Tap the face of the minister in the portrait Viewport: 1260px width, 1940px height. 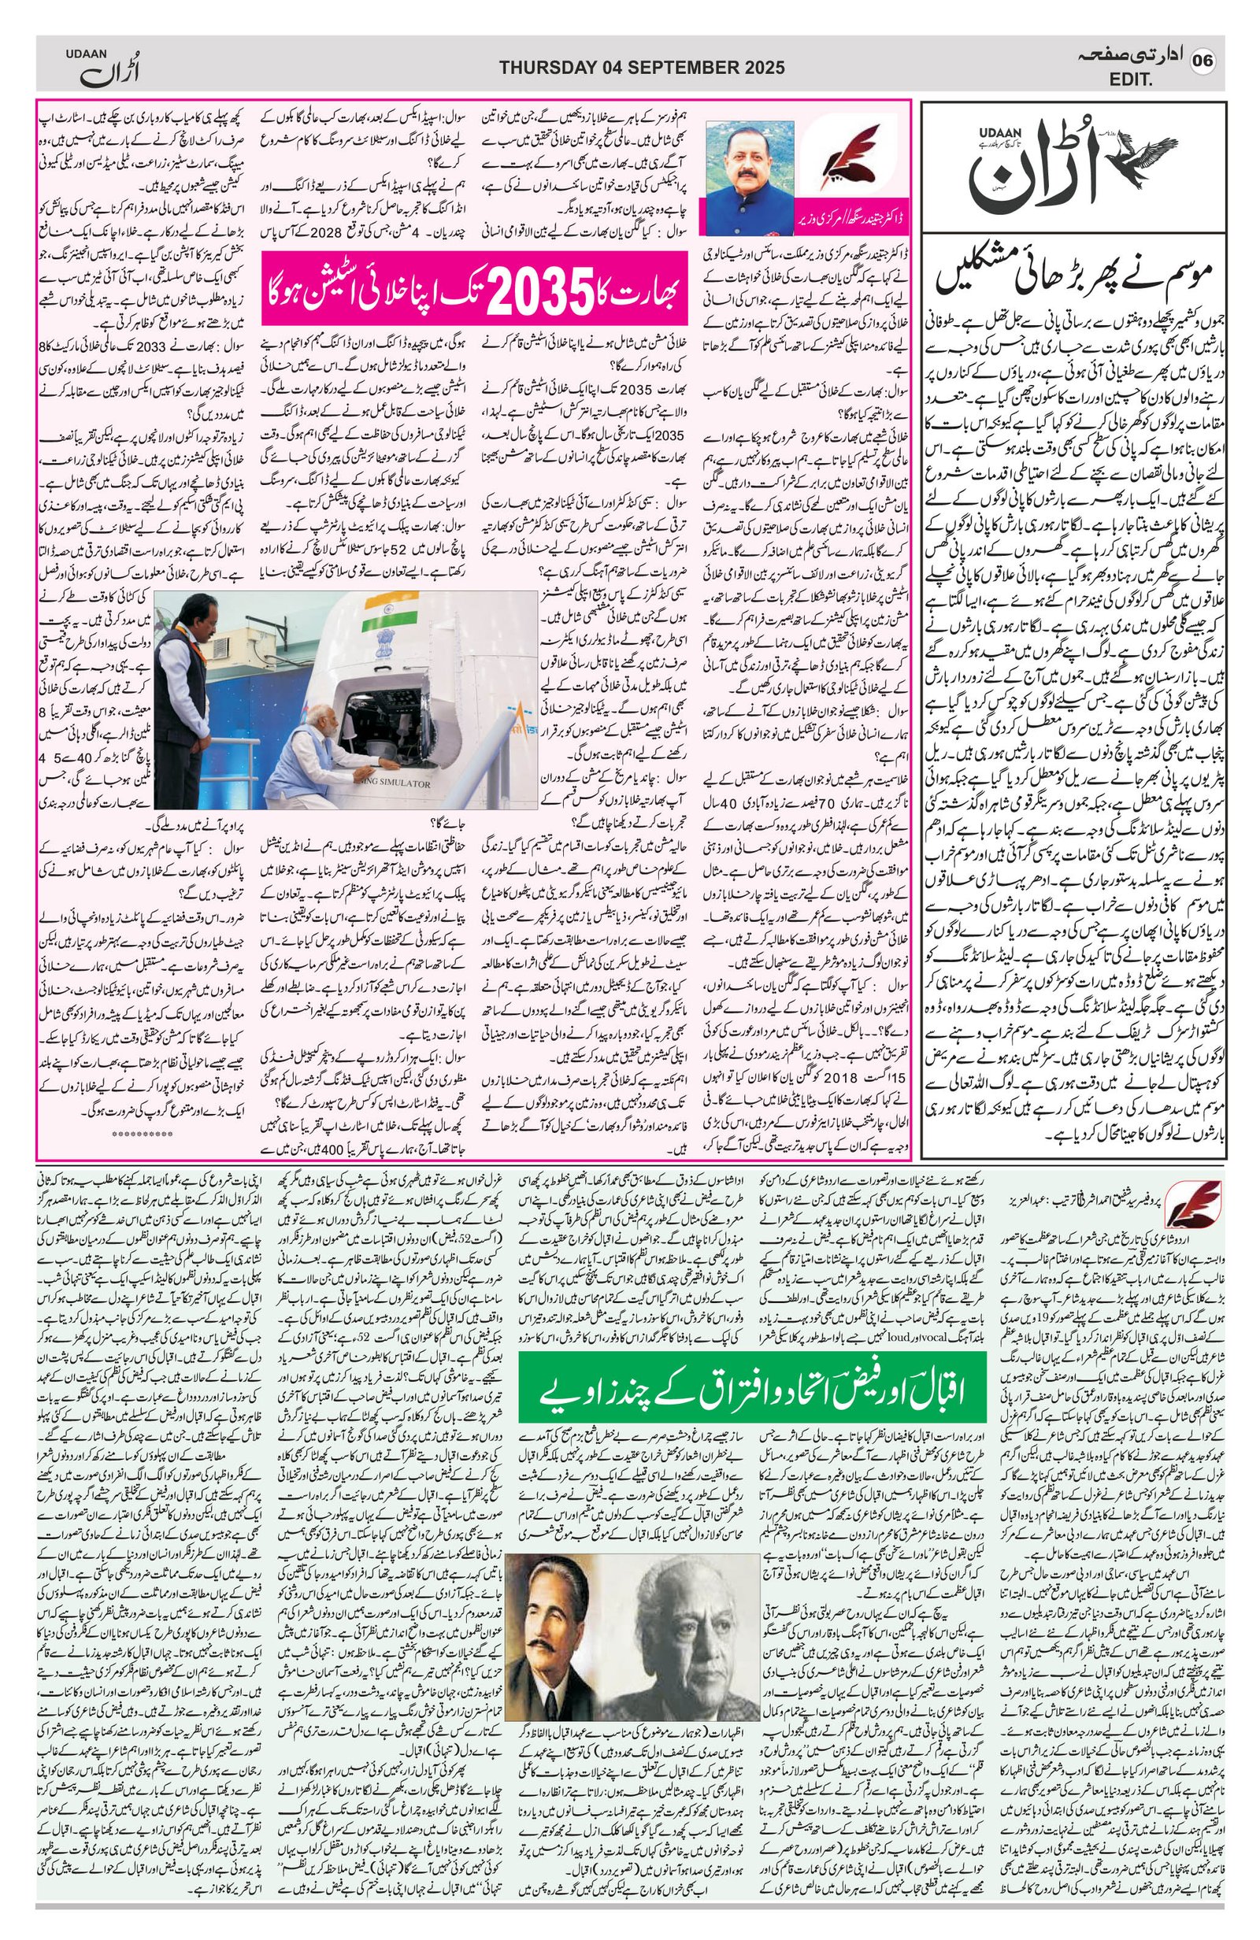747,159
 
